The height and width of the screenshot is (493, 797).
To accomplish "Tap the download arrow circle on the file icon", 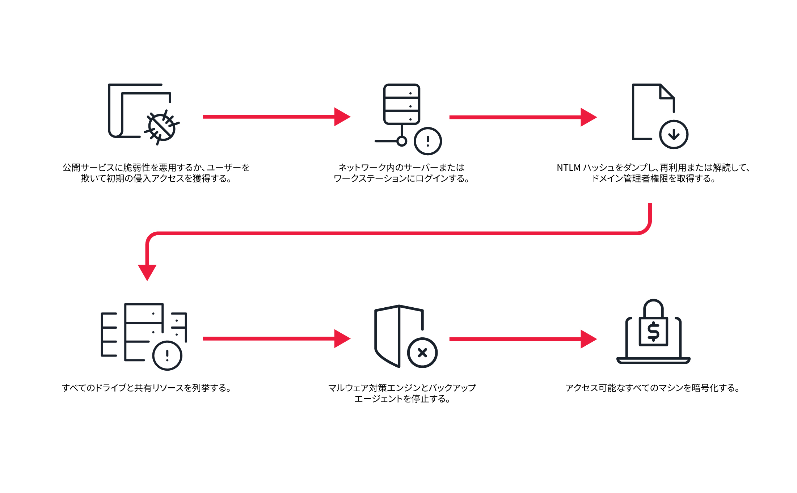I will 674,134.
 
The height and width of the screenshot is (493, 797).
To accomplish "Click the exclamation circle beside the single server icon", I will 428,141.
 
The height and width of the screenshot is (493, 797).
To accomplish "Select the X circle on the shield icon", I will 422,353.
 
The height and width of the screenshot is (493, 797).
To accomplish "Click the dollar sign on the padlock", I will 653,331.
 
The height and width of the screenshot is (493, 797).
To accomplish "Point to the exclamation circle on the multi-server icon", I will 167,355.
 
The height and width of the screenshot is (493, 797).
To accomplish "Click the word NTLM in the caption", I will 568,168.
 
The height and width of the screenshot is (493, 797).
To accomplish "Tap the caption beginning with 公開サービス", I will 156,173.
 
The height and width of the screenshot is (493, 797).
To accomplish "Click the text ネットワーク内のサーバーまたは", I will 401,168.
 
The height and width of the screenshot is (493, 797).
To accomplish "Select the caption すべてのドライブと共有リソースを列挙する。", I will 147,388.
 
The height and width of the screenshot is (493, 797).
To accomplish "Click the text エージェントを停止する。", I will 402,399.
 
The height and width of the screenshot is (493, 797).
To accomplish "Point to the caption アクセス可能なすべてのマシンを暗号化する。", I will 653,388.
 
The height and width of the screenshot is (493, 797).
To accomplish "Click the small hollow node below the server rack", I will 402,141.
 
